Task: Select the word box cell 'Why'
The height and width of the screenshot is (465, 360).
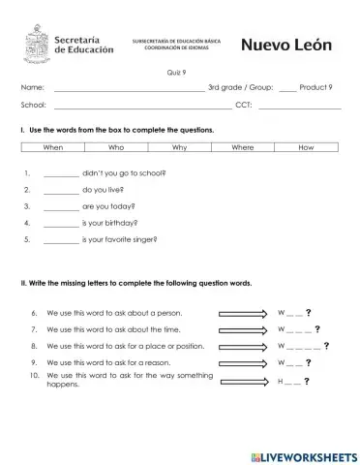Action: point(180,147)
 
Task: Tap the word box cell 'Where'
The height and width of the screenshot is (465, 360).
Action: point(243,147)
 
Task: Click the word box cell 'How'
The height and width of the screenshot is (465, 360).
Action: point(307,147)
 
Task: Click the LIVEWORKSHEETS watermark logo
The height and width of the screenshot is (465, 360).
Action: point(301,454)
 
